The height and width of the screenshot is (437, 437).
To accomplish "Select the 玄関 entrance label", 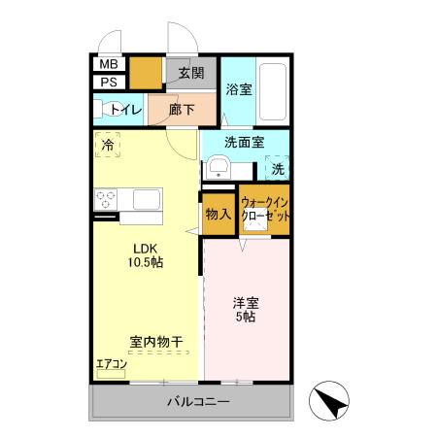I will point(190,73).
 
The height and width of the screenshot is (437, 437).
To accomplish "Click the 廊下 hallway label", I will point(182,110).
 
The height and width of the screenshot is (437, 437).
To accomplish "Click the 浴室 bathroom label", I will point(238,89).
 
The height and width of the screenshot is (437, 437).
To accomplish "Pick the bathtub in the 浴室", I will point(275,92).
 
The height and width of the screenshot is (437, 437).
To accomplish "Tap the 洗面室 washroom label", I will point(244,143).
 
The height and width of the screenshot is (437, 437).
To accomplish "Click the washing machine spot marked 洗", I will point(278,167).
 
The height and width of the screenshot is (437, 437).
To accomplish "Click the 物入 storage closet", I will point(218,215).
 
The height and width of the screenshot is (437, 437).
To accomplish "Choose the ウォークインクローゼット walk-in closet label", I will point(265,209).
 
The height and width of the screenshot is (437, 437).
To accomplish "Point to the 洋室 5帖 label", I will point(244,309).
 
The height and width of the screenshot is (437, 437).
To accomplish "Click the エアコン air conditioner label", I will point(112,364).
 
